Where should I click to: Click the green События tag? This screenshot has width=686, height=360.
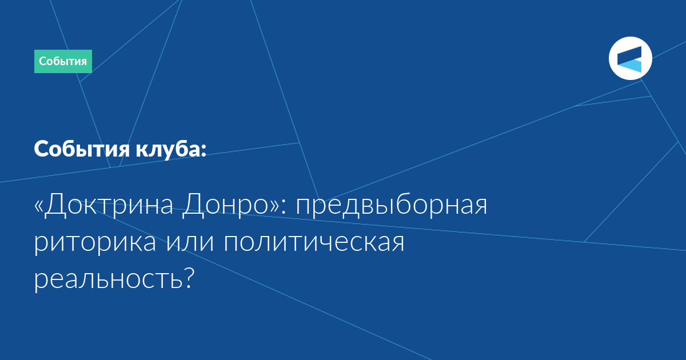click(63, 61)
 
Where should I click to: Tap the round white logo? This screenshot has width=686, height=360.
click(630, 58)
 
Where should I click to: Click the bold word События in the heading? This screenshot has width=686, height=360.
click(82, 149)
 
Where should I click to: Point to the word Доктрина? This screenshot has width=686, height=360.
click(109, 205)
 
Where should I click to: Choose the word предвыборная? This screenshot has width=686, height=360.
click(392, 205)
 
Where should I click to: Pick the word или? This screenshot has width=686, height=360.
click(190, 242)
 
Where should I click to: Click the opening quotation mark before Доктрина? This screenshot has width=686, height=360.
click(38, 207)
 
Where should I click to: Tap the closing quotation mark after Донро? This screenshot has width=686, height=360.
click(274, 207)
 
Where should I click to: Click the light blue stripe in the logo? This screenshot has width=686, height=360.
click(630, 66)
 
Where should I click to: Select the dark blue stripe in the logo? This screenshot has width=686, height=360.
click(629, 54)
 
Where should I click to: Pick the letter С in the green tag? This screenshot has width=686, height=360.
click(42, 61)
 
